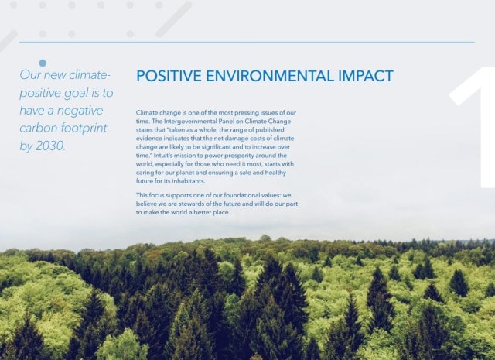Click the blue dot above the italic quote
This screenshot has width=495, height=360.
[x=43, y=63]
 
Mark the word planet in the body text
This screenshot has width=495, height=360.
[x=203, y=173]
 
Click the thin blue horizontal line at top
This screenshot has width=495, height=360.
[x=247, y=42]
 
